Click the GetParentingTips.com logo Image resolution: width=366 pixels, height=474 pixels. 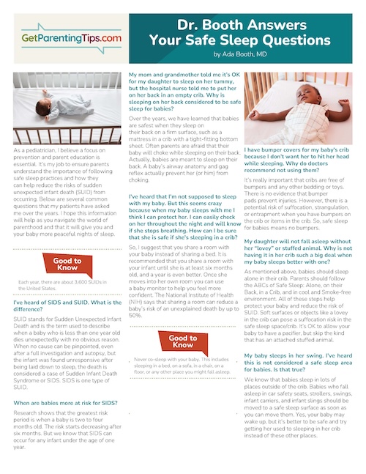point(62,38)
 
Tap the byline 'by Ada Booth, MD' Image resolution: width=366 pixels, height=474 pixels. point(248,53)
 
